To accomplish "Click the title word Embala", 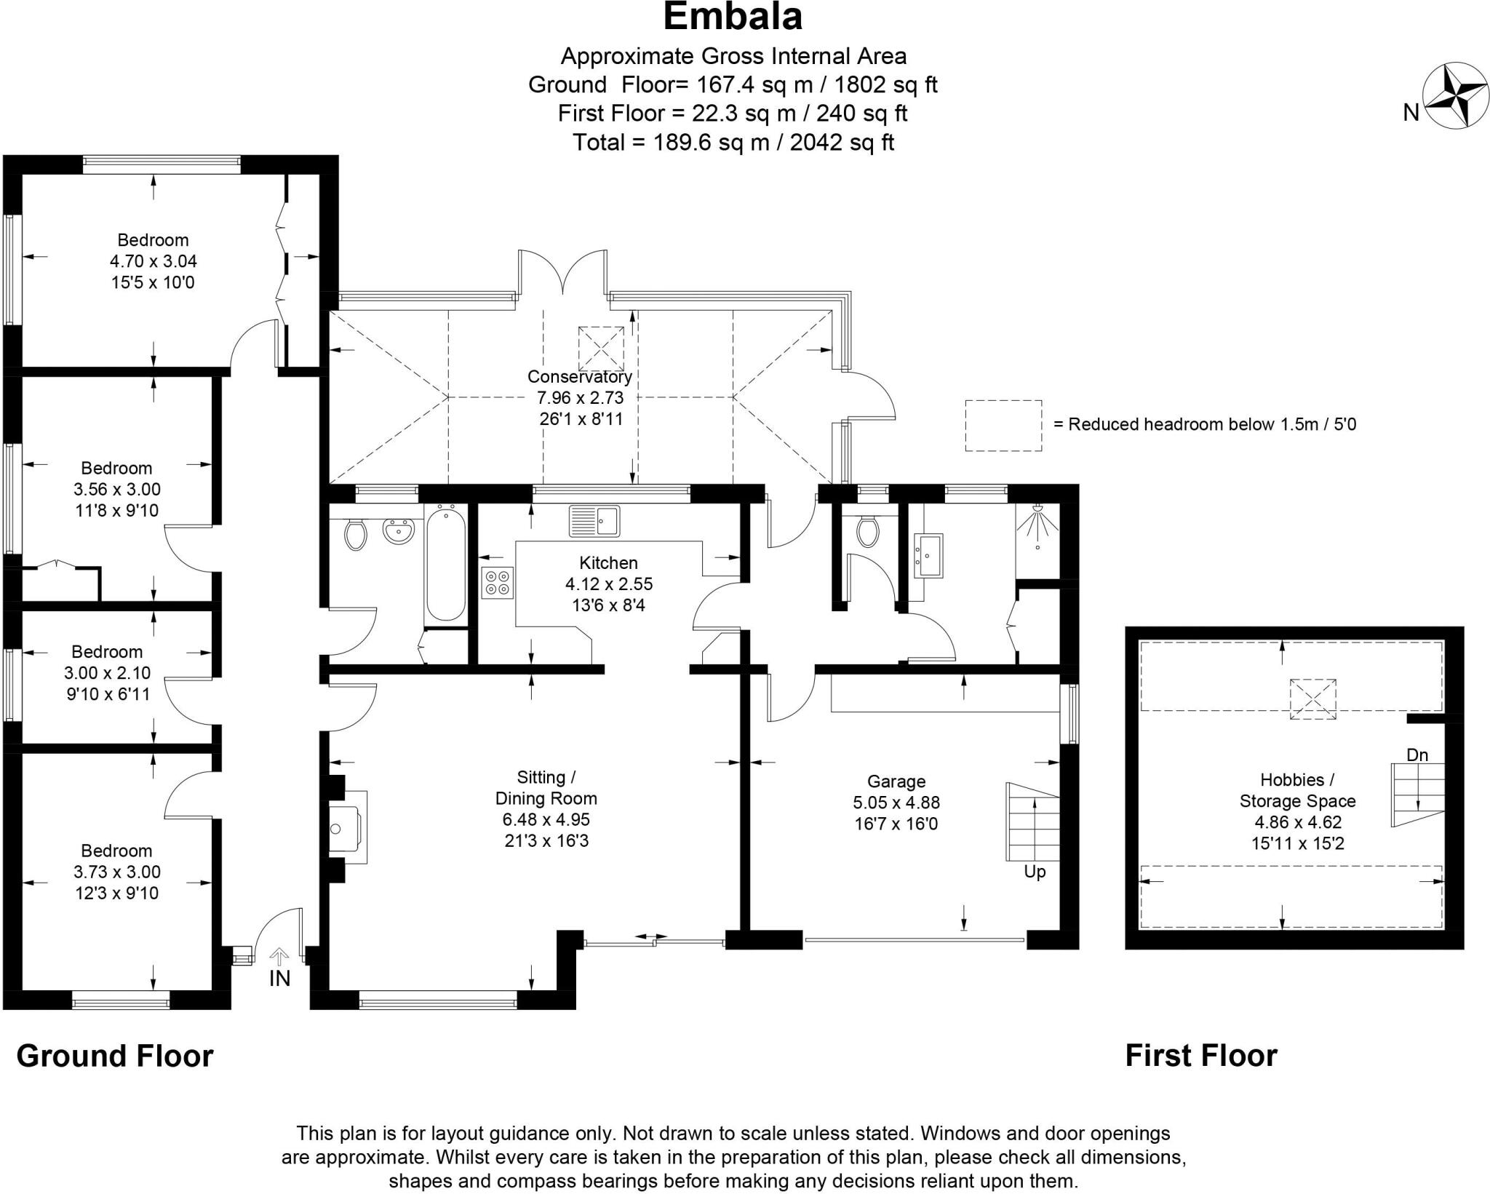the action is click(x=733, y=17).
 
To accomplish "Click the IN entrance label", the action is click(x=279, y=979).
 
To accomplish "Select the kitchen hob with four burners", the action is click(x=498, y=582).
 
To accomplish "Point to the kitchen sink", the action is click(x=594, y=520).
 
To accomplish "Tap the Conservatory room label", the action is click(x=580, y=377).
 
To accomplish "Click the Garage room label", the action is click(x=896, y=781).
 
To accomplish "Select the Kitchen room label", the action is click(x=609, y=562).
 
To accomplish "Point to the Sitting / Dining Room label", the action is click(x=546, y=788).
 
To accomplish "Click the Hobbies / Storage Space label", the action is click(x=1298, y=791).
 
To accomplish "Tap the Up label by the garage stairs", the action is click(x=1035, y=872).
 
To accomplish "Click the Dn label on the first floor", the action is click(x=1417, y=755).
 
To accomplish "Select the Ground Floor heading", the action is click(x=115, y=1056).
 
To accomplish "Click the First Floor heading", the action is click(x=1201, y=1056).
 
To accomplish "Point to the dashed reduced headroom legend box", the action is click(x=1003, y=426).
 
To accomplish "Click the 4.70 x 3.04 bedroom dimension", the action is click(x=154, y=261).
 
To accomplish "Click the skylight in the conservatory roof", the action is click(x=601, y=349).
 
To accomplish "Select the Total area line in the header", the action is click(x=733, y=143).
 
